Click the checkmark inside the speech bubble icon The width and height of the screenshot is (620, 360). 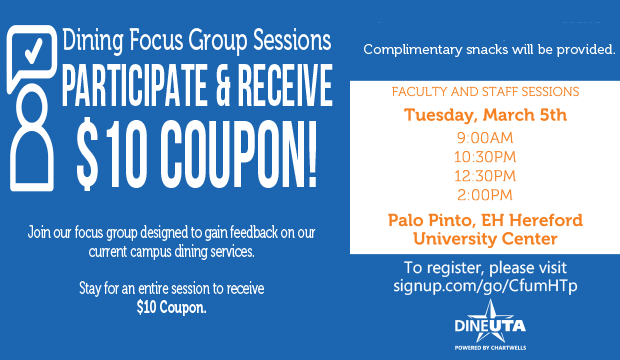pyautogui.click(x=32, y=48)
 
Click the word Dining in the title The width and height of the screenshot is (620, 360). pyautogui.click(x=93, y=42)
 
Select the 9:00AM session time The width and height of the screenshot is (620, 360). pyautogui.click(x=485, y=138)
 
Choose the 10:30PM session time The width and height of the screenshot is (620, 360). pyautogui.click(x=485, y=157)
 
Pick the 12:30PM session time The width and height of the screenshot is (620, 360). pyautogui.click(x=485, y=176)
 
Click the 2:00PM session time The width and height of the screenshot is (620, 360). pyautogui.click(x=485, y=194)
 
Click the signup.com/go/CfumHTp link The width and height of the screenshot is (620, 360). pyautogui.click(x=485, y=286)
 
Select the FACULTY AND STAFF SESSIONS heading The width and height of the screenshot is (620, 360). pyautogui.click(x=485, y=92)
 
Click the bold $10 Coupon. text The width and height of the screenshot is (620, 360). pyautogui.click(x=171, y=308)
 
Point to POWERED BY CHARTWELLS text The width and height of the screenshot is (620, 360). pyautogui.click(x=485, y=350)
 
